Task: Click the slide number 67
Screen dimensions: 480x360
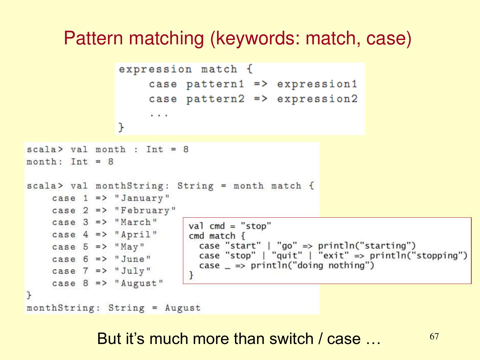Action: click(x=434, y=336)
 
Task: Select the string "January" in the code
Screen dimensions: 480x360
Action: click(x=142, y=198)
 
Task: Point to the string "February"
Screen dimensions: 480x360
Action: click(x=145, y=211)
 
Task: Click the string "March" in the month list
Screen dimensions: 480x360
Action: click(x=136, y=222)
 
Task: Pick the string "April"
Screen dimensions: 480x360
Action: click(x=136, y=235)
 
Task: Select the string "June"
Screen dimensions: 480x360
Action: click(x=133, y=259)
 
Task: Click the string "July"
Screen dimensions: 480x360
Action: click(x=133, y=271)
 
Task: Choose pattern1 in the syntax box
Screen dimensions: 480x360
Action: click(x=215, y=84)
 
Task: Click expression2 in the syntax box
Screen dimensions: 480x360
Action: click(x=317, y=99)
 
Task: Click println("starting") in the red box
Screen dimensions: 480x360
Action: click(x=367, y=246)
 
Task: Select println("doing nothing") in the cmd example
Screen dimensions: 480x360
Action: click(x=312, y=265)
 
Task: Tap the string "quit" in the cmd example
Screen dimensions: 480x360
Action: click(x=287, y=256)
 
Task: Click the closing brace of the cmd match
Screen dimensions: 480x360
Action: click(x=191, y=275)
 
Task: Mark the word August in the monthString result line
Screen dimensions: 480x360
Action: click(x=183, y=308)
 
